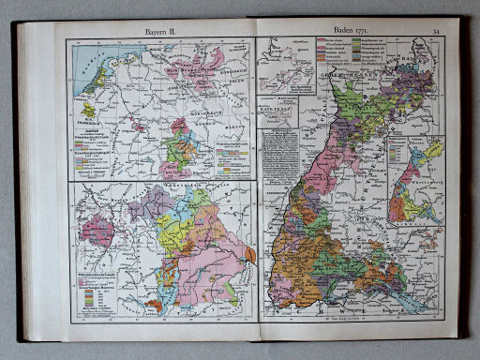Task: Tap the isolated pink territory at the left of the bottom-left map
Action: [x=97, y=230]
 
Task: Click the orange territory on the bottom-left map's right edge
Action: [x=249, y=253]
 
